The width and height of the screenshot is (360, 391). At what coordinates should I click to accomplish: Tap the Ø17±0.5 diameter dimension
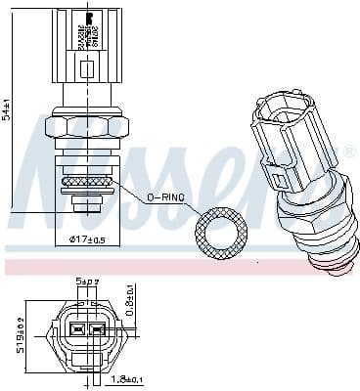tap(88, 239)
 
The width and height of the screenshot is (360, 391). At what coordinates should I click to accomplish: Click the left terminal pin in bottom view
tap(76, 330)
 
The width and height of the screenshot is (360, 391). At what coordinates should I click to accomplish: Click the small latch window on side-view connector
tap(87, 68)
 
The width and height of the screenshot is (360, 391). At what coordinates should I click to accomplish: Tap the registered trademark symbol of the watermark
tap(349, 152)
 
